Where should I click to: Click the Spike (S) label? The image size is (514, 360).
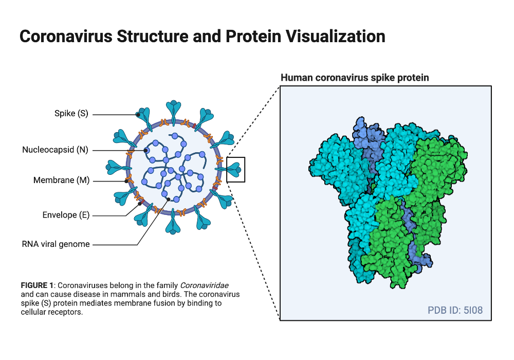pyautogui.click(x=71, y=114)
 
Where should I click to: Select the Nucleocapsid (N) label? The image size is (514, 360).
pyautogui.click(x=55, y=150)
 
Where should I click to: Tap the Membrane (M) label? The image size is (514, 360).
pyautogui.click(x=61, y=181)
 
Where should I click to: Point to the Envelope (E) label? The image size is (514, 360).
pyautogui.click(x=66, y=215)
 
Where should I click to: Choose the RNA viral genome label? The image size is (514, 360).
pyautogui.click(x=56, y=244)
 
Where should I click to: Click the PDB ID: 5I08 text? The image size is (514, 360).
pyautogui.click(x=455, y=310)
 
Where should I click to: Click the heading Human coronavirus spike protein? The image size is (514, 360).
pyautogui.click(x=355, y=78)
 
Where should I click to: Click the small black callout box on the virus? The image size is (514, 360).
pyautogui.click(x=236, y=169)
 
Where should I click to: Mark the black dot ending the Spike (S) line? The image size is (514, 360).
pyautogui.click(x=138, y=114)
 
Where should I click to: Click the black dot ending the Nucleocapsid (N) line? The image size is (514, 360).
pyautogui.click(x=146, y=151)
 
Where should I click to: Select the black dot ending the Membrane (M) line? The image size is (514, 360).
pyautogui.click(x=126, y=181)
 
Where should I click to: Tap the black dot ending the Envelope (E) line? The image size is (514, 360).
pyautogui.click(x=139, y=204)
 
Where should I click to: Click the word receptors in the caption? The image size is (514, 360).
pyautogui.click(x=67, y=312)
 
